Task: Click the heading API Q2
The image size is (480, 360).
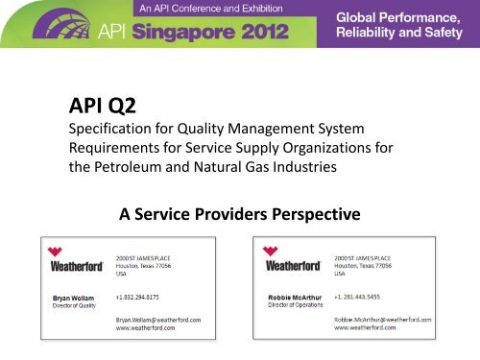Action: coord(101,103)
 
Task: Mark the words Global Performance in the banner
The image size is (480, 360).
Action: coord(405,19)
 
